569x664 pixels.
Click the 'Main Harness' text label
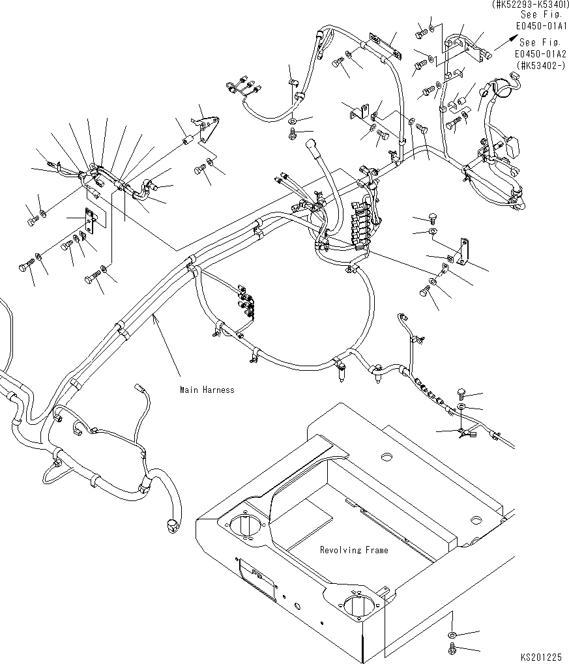pyautogui.click(x=207, y=390)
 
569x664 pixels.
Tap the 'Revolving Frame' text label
pyautogui.click(x=353, y=550)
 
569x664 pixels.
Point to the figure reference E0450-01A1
pyautogui.click(x=541, y=26)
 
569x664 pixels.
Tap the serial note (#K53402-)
pyautogui.click(x=541, y=65)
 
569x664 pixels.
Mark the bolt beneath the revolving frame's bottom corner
pyautogui.click(x=452, y=648)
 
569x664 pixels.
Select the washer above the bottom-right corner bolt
pyautogui.click(x=452, y=635)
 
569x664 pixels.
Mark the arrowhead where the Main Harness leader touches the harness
pyautogui.click(x=153, y=315)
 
